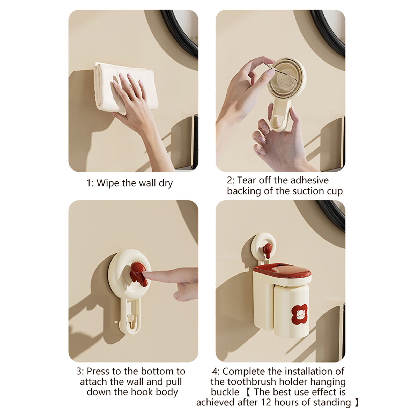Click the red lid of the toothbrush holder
(282, 273)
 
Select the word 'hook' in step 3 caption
(142, 392)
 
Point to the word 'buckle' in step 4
(225, 392)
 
